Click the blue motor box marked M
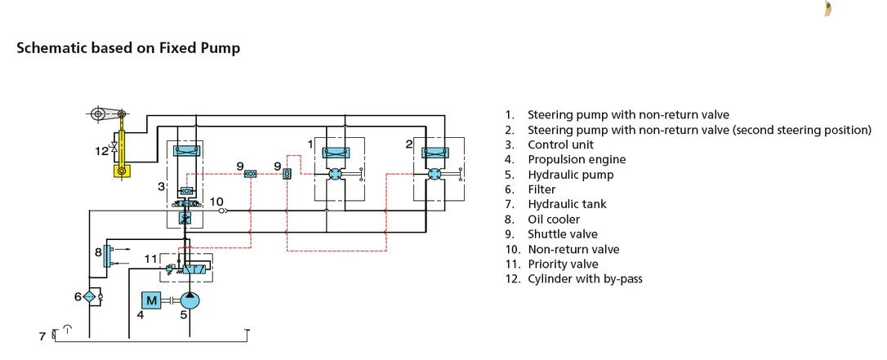pos(151,301)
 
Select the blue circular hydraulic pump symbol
pos(190,300)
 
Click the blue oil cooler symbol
pos(106,256)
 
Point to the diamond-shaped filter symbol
pos(89,296)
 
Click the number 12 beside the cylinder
pos(101,151)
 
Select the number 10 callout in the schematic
pos(216,201)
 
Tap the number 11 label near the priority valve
pos(150,259)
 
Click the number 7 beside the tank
pos(42,336)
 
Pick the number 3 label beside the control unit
pos(161,186)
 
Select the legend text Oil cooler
pos(554,220)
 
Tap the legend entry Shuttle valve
pos(562,234)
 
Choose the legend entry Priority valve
pos(563,264)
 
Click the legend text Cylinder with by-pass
pos(585,278)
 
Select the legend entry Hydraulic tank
pos(567,204)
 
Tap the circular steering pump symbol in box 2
pos(435,174)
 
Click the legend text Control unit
pos(560,144)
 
